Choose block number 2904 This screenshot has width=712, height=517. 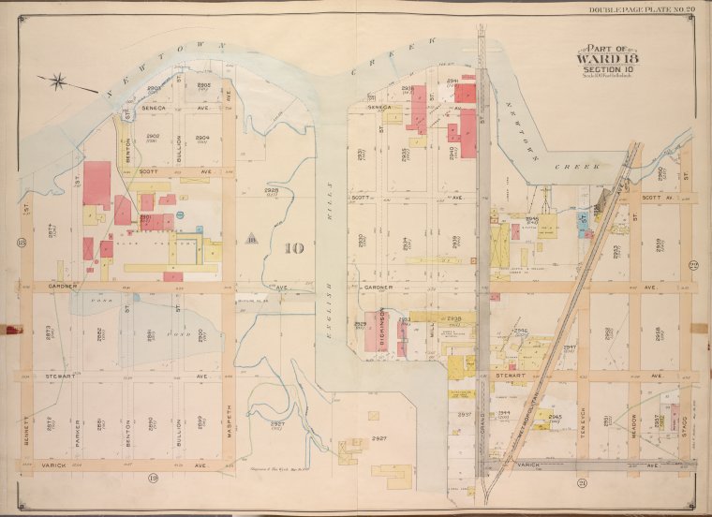tap(202, 140)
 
